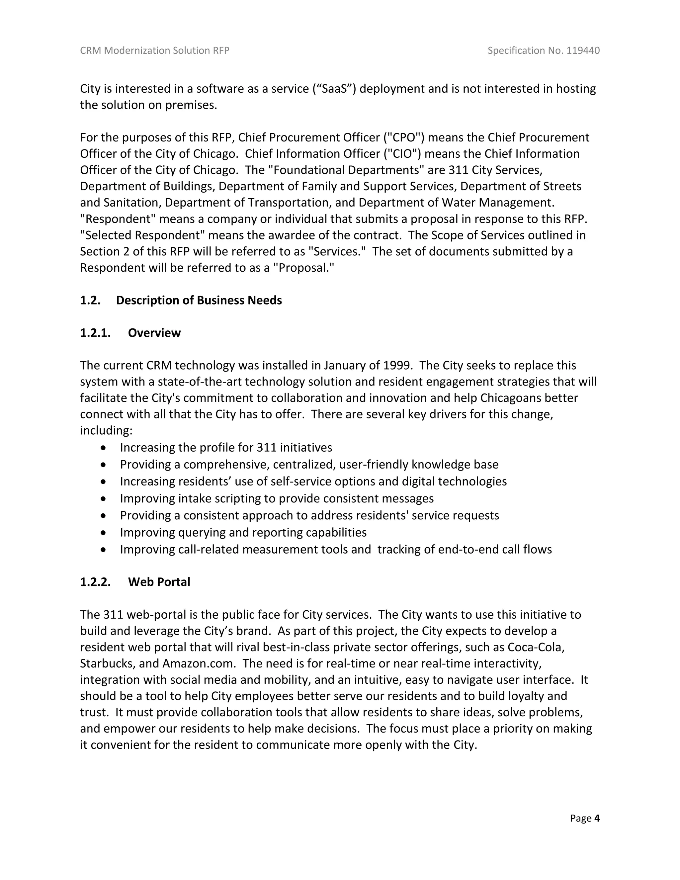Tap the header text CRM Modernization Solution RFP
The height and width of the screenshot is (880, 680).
pos(155,50)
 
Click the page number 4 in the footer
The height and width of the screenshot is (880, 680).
pos(597,818)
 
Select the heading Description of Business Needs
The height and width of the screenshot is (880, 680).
pos(199,300)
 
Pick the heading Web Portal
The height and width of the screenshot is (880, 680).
pos(159,582)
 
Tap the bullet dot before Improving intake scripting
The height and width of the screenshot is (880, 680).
pos(104,499)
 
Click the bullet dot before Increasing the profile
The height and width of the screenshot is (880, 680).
pos(104,448)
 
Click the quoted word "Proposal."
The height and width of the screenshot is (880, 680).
pos(304,268)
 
